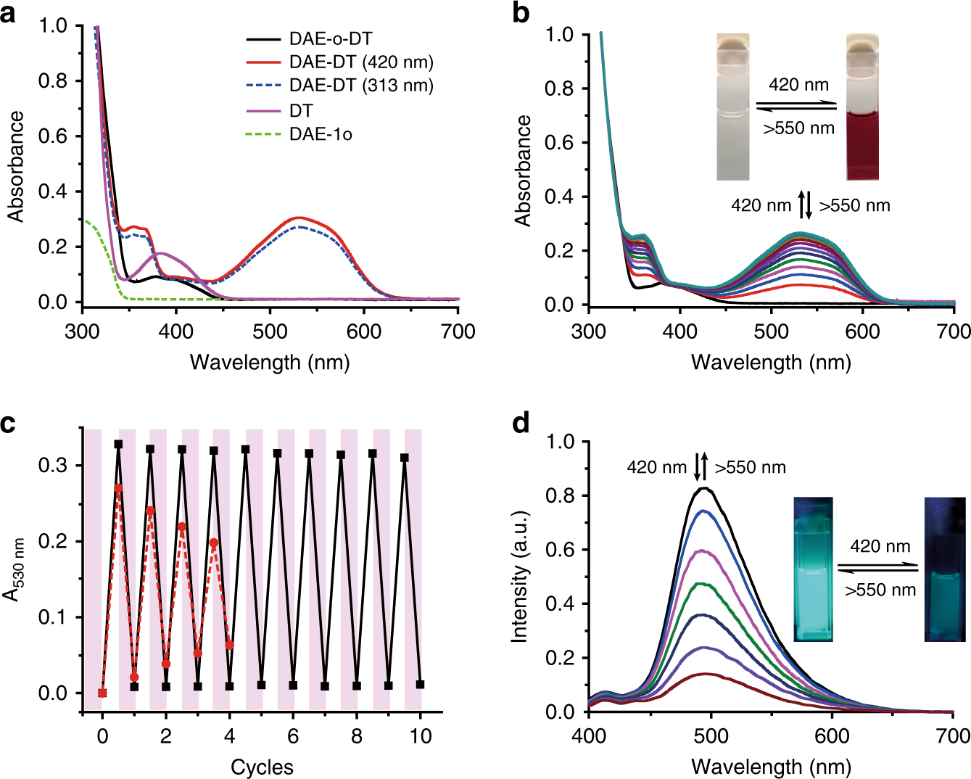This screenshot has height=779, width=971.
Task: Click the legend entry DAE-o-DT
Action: point(330,39)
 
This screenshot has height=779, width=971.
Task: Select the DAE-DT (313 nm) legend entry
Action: point(360,86)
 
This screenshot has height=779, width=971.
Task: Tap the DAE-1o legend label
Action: point(321,134)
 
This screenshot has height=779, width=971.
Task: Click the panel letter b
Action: point(520,13)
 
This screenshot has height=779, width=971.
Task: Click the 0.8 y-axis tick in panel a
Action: point(52,81)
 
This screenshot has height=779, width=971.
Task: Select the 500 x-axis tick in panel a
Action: point(270,331)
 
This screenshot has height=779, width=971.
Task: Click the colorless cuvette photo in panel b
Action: point(732,107)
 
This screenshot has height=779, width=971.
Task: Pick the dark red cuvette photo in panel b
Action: point(862,107)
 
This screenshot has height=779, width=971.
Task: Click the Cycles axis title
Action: point(262,767)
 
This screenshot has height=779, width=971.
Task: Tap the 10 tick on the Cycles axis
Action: point(421,736)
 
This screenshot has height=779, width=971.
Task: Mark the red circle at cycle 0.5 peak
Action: point(119,488)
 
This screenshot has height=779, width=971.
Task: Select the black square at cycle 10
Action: point(421,684)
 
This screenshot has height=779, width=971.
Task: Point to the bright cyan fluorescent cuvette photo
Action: point(813,569)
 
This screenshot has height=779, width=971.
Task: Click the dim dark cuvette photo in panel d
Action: point(944,569)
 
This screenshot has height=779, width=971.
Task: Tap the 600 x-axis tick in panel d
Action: point(832,736)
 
